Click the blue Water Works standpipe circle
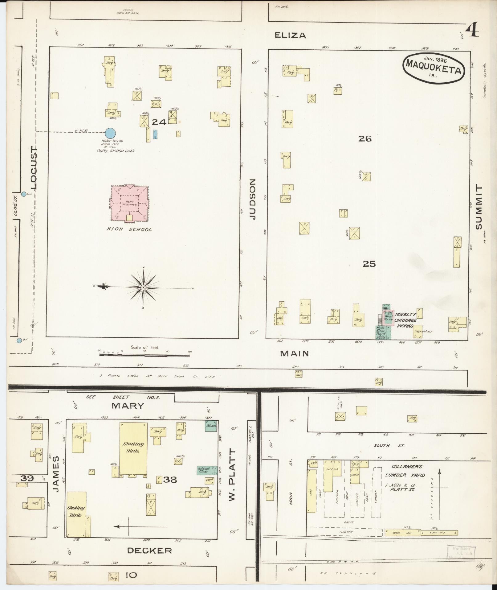[x=110, y=133]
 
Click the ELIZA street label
[x=290, y=35]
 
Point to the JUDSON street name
[x=253, y=199]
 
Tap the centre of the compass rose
[x=143, y=287]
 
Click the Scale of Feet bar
[x=144, y=355]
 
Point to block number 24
[x=159, y=122]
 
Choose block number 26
[x=365, y=139]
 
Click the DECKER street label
[x=149, y=551]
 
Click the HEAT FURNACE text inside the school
[x=129, y=203]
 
